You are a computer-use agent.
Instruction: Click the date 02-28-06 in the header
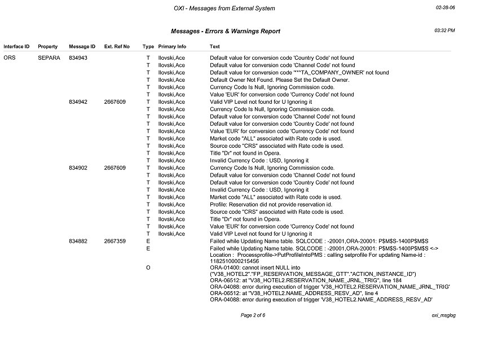pos(445,8)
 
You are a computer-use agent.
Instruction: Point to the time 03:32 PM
pos(445,30)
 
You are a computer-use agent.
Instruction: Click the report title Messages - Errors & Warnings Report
pos(225,31)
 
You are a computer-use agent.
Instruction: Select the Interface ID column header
pos(16,46)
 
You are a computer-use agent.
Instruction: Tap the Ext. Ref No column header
pos(117,46)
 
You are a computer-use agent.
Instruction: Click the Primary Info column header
pos(172,46)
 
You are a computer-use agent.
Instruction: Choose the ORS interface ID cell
pos(10,58)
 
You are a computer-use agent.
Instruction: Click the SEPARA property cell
pos(49,58)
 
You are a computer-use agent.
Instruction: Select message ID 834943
pos(78,58)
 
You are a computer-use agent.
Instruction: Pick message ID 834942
pos(78,102)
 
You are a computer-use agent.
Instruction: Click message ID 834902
pos(78,168)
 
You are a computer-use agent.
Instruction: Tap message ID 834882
pos(78,241)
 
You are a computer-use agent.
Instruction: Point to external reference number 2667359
pos(115,241)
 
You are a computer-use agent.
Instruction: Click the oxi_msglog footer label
pos(443,315)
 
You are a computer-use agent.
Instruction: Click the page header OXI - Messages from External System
pos(224,8)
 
